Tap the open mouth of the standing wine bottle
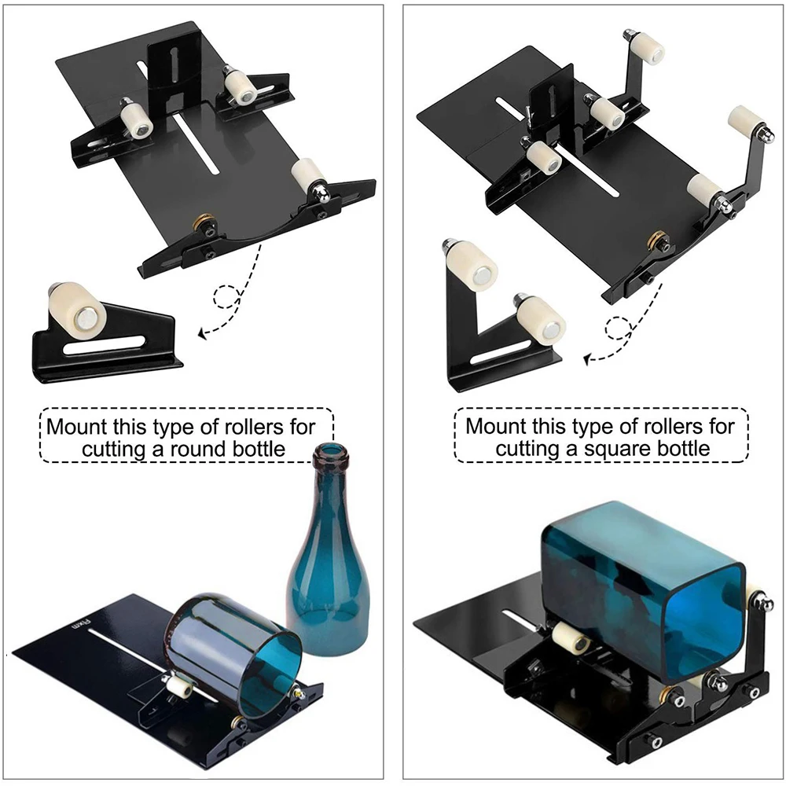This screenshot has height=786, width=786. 329,454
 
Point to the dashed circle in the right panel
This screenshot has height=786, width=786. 619,328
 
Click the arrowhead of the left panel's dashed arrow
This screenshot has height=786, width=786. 203,334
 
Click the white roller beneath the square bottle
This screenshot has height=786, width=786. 571,641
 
